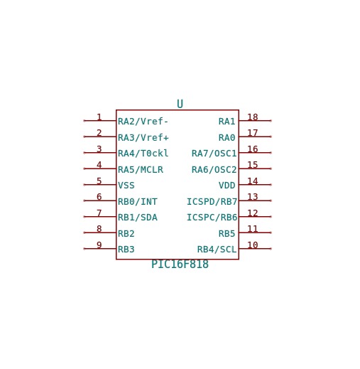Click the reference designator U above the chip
(x=180, y=104)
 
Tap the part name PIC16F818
(x=180, y=264)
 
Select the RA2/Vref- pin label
(x=143, y=122)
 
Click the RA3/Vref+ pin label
(x=143, y=137)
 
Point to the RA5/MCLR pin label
(x=141, y=170)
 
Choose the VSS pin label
(x=126, y=186)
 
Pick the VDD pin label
(x=227, y=186)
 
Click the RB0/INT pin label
(x=138, y=202)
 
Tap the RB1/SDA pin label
(x=138, y=218)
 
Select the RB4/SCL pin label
(x=217, y=250)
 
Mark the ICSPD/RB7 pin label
(x=212, y=202)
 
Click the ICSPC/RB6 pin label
(x=212, y=218)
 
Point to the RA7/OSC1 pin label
(x=214, y=154)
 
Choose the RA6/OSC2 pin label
(x=214, y=170)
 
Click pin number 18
(x=253, y=117)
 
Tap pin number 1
(x=99, y=117)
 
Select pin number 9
(x=99, y=245)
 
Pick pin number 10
(x=253, y=245)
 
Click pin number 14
(x=253, y=181)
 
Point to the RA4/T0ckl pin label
(x=143, y=154)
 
